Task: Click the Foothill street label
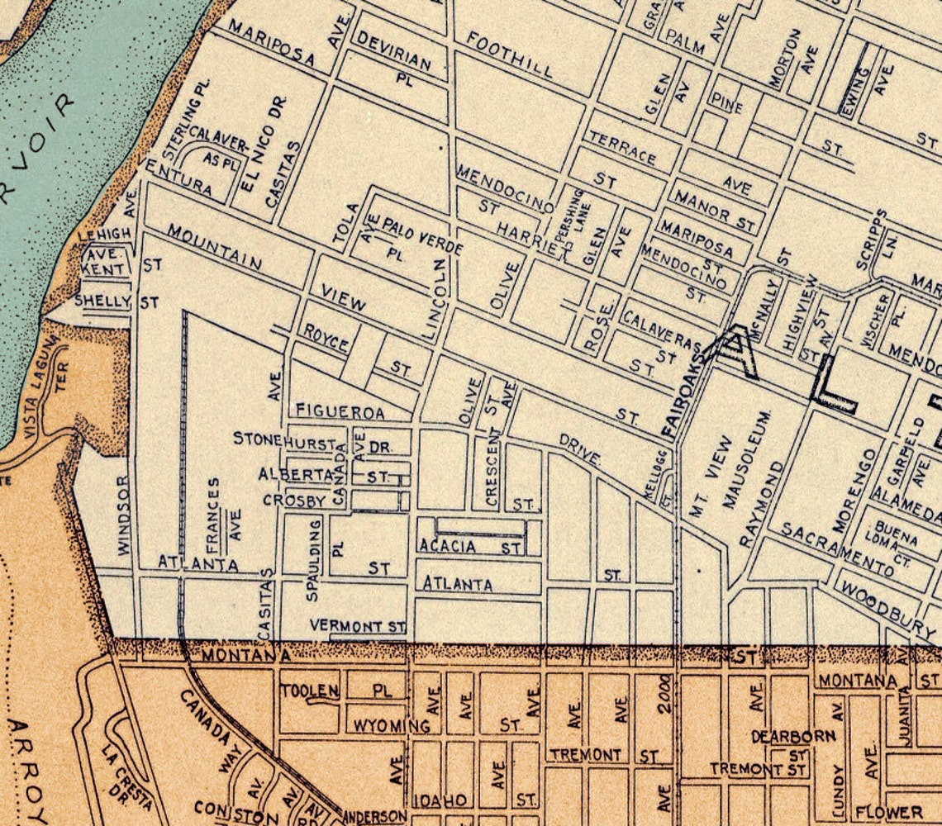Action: [510, 54]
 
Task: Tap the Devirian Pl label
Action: [394, 52]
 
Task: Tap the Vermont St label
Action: [358, 627]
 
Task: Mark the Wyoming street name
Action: [392, 726]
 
